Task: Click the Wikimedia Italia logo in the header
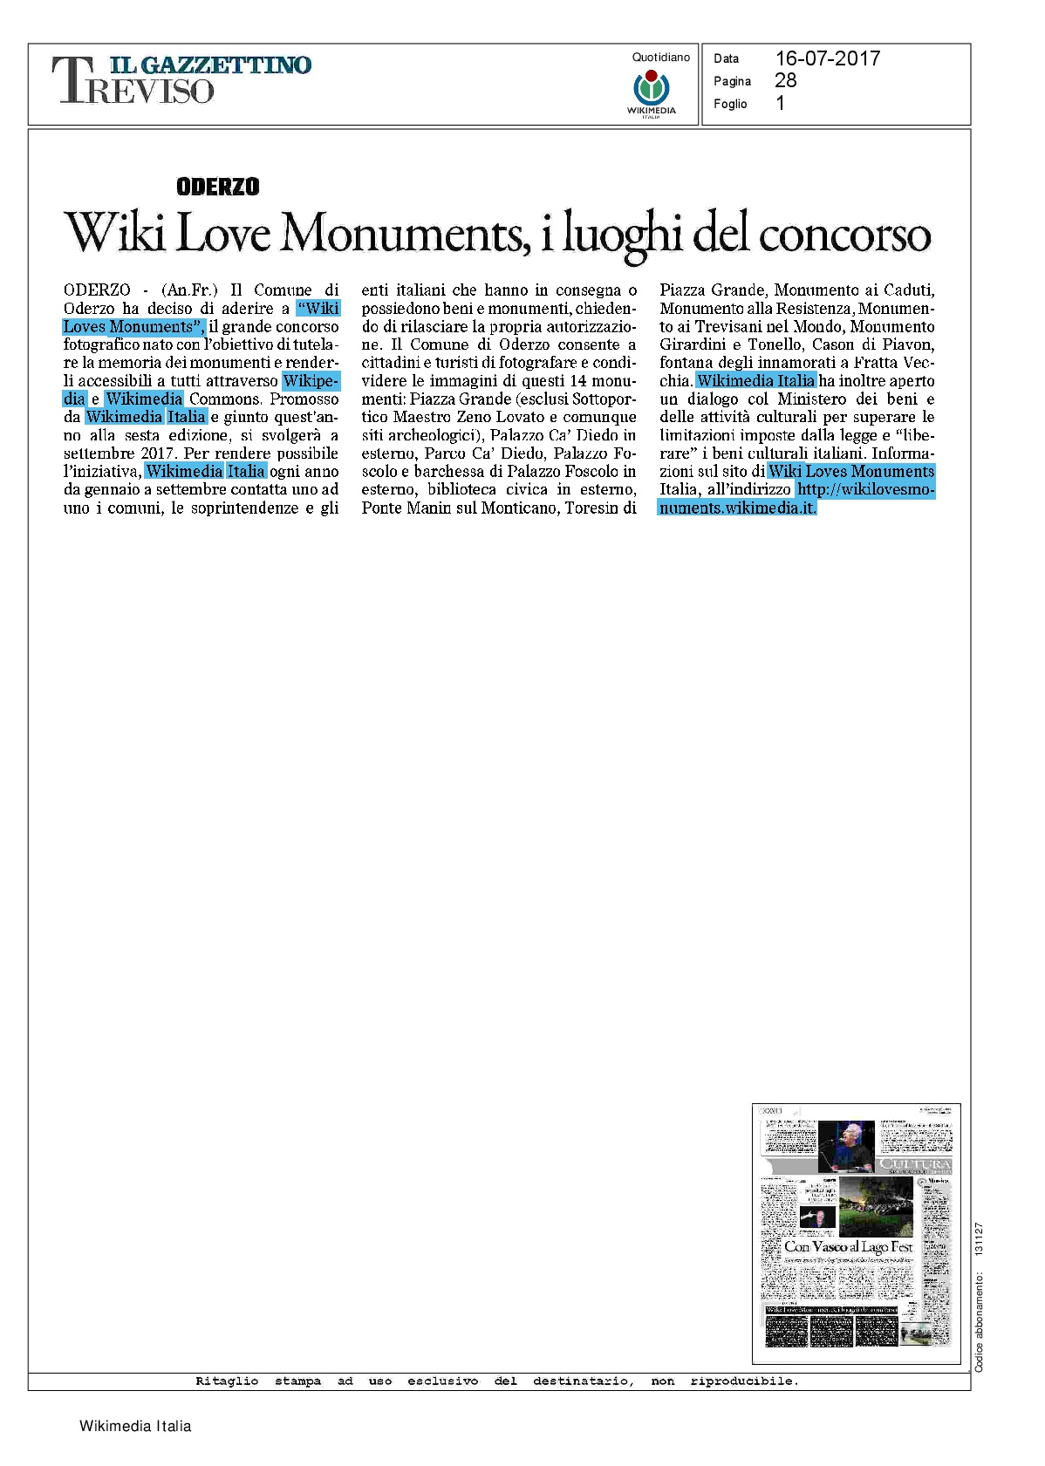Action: [x=651, y=92]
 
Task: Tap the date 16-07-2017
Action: [x=827, y=58]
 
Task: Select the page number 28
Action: [x=785, y=80]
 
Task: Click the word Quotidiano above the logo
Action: [x=660, y=58]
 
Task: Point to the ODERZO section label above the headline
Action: [x=217, y=187]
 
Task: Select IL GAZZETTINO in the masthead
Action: [x=209, y=65]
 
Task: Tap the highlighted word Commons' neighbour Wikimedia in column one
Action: [x=144, y=399]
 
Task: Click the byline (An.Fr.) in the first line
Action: [x=189, y=290]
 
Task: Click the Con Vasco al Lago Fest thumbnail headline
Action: [x=848, y=1247]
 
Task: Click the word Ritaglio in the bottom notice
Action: [x=227, y=1381]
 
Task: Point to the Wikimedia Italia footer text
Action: [x=135, y=1426]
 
